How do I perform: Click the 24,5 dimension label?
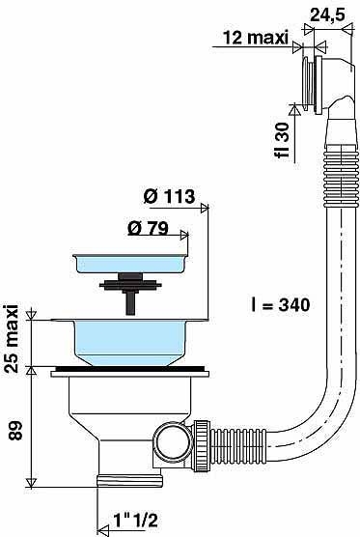point(327,14)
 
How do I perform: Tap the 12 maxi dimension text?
point(256,38)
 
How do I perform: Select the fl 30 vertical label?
point(282,140)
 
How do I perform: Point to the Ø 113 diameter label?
point(170,196)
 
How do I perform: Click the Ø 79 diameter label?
point(149,228)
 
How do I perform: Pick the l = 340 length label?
point(280,304)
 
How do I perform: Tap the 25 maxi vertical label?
point(12,338)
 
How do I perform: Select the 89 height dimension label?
point(15,430)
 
